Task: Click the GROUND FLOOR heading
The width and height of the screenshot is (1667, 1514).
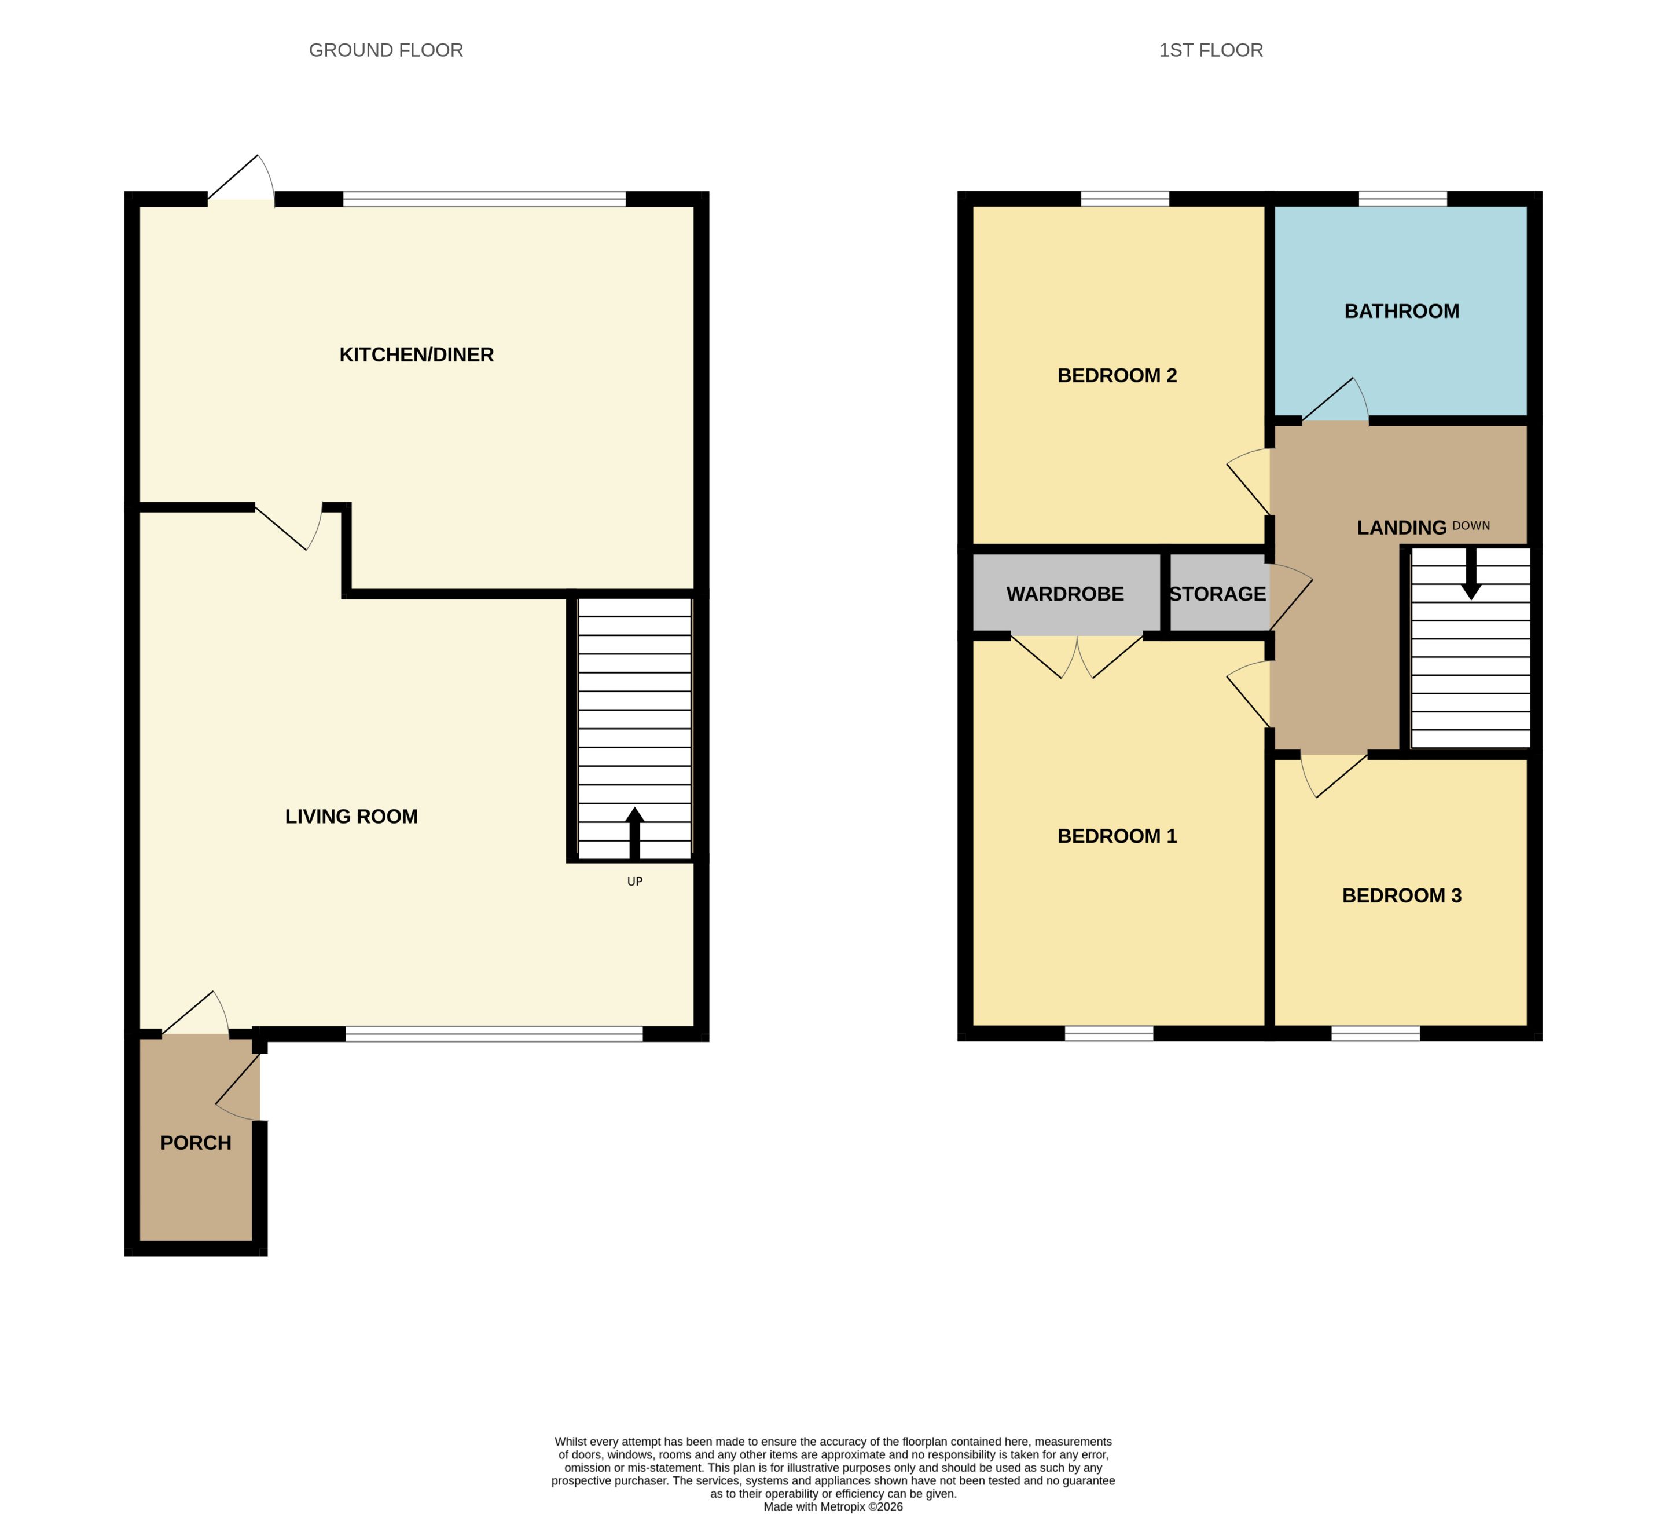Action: (385, 50)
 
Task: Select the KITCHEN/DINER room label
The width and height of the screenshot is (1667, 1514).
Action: (417, 355)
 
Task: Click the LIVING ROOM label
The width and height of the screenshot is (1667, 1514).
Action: (351, 817)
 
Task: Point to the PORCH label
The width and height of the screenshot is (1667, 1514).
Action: (196, 1143)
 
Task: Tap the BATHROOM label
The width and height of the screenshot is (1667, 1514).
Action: (1401, 311)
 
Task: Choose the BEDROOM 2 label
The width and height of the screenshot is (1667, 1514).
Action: (1117, 376)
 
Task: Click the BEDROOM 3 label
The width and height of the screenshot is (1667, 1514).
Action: (1401, 895)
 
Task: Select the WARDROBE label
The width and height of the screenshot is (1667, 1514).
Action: (1065, 594)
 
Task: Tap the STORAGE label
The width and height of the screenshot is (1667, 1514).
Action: (1217, 594)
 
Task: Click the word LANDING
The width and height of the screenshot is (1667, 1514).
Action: (1401, 528)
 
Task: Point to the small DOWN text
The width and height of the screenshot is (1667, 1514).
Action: (1471, 525)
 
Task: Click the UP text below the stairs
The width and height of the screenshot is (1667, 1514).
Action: (635, 881)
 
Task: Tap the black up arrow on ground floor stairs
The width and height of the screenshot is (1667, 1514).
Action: (635, 833)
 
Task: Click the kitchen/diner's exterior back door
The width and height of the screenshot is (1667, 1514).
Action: (241, 178)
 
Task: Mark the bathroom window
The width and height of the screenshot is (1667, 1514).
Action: (1402, 199)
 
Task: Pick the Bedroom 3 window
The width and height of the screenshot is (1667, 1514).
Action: (1376, 1033)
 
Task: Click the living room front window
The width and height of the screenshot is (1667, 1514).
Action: (494, 1033)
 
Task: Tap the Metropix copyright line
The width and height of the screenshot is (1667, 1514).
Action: (833, 1506)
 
